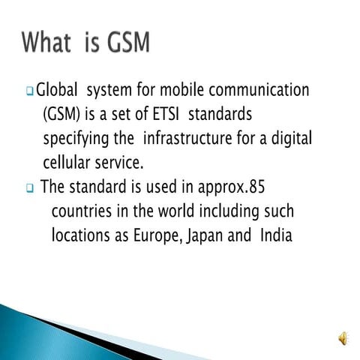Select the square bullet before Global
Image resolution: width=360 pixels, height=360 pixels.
pos(30,92)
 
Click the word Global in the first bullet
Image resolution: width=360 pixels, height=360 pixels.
pos(58,91)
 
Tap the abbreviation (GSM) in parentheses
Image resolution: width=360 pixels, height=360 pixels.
pos(62,115)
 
